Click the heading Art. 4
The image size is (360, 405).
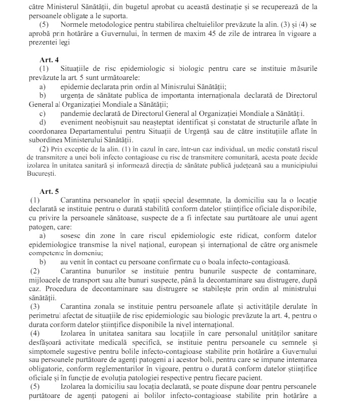click(x=50, y=59)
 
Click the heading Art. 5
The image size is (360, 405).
click(x=50, y=191)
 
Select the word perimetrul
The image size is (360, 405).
click(x=50, y=315)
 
